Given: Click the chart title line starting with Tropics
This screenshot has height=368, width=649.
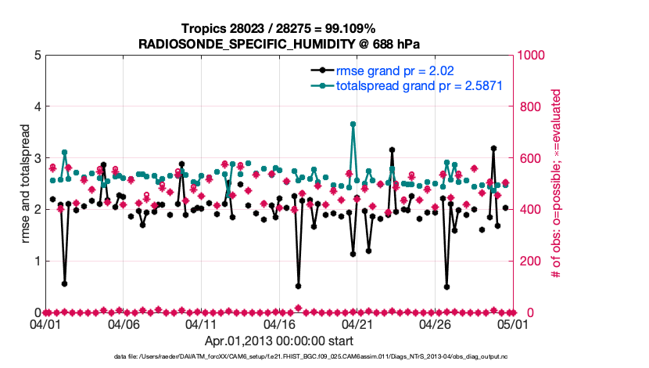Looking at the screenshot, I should [x=278, y=28].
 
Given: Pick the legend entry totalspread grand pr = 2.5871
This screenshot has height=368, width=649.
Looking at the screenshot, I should [x=418, y=86].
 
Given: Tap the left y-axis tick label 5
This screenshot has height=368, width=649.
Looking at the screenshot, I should [x=37, y=56].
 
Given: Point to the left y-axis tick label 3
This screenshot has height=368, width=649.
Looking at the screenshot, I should [x=37, y=158].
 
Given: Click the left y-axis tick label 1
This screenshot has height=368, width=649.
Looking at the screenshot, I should [x=37, y=261].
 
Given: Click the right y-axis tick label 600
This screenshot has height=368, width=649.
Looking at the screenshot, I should [x=529, y=158].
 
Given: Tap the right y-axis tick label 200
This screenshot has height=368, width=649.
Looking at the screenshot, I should [x=529, y=261].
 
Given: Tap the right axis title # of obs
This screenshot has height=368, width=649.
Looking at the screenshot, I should [x=556, y=183].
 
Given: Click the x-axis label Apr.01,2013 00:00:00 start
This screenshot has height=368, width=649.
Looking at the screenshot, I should [x=278, y=341].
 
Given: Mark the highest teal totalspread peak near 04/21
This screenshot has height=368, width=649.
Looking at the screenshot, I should [x=353, y=124].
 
